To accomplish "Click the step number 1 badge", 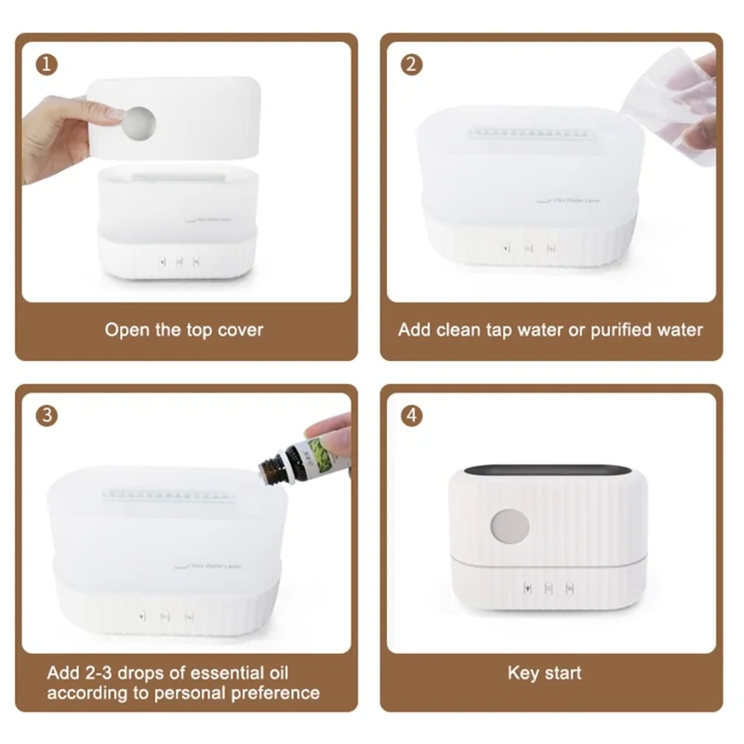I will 46,64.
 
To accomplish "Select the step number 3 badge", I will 46,416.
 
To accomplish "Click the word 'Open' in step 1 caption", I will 126,329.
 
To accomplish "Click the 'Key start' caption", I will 545,672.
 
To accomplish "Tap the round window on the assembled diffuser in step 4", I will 510,526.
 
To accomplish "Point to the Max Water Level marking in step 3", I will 203,565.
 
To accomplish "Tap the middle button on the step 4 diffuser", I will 549,588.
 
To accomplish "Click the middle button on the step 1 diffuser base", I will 178,261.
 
